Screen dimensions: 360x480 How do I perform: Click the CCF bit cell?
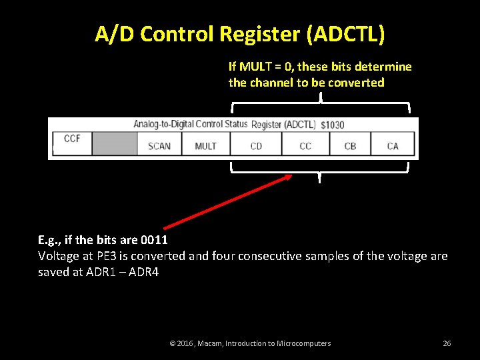coord(72,143)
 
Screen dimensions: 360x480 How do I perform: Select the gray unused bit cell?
coord(114,144)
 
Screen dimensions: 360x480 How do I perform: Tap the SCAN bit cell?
coord(159,145)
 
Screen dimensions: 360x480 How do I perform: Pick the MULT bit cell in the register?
coord(205,145)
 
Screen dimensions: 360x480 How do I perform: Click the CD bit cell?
coord(256,145)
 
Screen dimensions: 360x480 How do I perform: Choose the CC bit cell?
coord(305,145)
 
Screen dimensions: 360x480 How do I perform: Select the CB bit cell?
coord(350,145)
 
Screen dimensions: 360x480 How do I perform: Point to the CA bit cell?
coord(393,145)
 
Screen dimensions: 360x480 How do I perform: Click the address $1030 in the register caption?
coord(332,125)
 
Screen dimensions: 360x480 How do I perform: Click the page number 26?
coord(447,343)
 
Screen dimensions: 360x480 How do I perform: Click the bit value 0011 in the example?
coord(154,239)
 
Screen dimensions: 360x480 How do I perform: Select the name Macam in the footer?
coord(208,343)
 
